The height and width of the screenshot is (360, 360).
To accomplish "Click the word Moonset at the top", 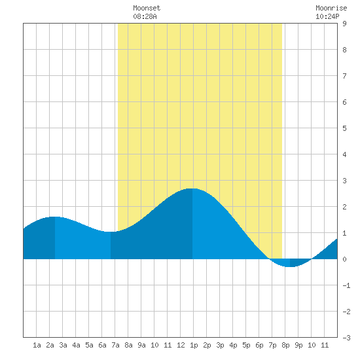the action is tap(147, 8).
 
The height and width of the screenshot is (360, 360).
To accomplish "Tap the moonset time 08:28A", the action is tap(145, 16).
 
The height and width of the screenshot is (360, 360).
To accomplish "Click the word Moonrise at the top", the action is tap(331, 8).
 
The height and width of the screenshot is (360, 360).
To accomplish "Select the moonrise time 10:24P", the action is tap(327, 16).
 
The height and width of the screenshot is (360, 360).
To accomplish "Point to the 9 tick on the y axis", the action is tap(344, 24).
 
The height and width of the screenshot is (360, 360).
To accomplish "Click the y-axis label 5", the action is tap(344, 128).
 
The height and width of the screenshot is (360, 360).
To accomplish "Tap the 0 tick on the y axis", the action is tap(344, 259).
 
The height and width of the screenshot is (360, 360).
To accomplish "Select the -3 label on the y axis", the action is tap(346, 338).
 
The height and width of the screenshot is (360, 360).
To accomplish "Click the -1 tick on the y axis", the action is tap(346, 285).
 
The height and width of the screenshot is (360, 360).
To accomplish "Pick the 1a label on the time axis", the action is tap(37, 345).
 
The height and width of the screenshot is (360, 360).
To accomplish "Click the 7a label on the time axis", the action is tap(115, 345).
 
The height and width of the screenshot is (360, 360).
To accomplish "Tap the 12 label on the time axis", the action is tap(181, 345).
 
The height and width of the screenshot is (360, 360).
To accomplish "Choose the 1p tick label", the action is tap(194, 346).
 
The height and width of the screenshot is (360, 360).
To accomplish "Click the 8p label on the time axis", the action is tap(285, 346).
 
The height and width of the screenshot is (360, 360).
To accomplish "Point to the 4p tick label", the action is tap(233, 346).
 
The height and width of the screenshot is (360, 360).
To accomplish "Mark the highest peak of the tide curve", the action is tap(192, 189).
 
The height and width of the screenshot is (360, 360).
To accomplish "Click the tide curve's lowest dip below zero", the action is tap(290, 266).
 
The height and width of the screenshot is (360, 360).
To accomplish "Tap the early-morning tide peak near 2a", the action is tap(54, 217).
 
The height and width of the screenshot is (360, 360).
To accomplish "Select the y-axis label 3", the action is tap(344, 181).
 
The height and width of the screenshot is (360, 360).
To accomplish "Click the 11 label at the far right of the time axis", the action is tap(325, 345).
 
